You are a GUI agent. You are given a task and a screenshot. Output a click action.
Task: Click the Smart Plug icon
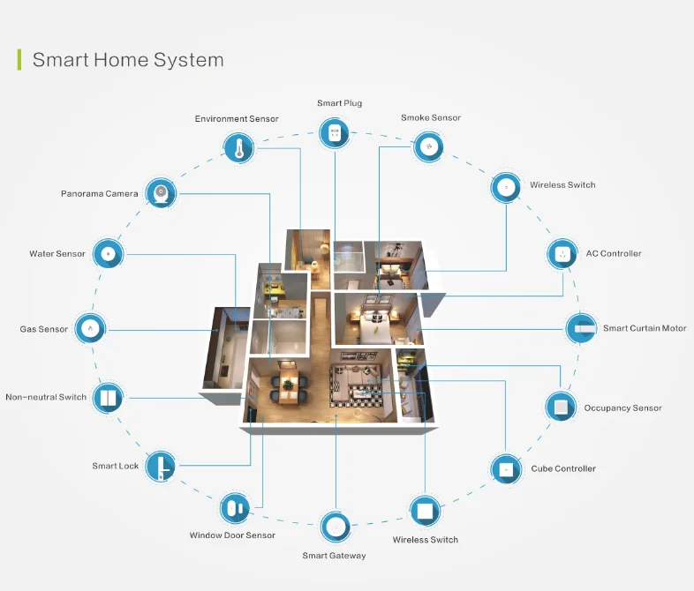[x=329, y=133]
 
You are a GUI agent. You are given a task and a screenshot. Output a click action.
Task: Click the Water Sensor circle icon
[x=108, y=253]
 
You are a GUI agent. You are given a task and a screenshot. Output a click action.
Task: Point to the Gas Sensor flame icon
[x=89, y=329]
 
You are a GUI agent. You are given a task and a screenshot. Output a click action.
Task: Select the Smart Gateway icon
[x=334, y=527]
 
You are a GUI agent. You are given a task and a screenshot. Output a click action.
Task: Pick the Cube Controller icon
[x=506, y=468]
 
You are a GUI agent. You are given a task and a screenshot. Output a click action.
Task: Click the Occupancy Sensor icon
[x=559, y=408]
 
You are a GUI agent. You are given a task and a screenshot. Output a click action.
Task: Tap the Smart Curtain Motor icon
[x=580, y=328]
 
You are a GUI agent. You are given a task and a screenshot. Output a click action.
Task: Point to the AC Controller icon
[x=562, y=254]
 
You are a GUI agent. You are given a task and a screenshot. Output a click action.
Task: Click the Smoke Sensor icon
[x=428, y=146]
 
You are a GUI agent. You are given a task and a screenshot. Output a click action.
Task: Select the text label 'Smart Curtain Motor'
[x=645, y=329]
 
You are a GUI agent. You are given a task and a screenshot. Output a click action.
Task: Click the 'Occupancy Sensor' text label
[x=622, y=408]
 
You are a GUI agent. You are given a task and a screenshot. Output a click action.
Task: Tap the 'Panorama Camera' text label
[x=100, y=193]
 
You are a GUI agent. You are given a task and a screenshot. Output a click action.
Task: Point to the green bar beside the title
[x=19, y=60]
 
